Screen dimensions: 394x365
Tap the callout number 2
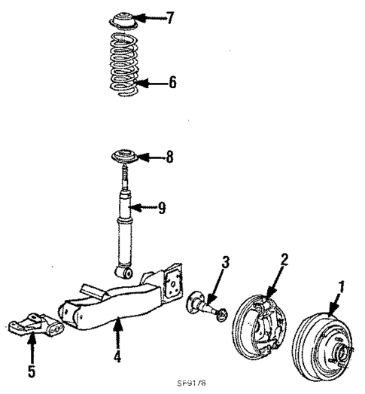(x=285, y=259)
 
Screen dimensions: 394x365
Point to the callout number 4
(x=117, y=356)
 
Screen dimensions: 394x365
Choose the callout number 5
(x=32, y=371)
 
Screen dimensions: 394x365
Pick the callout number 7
(x=169, y=17)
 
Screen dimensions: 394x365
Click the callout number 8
(x=171, y=158)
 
